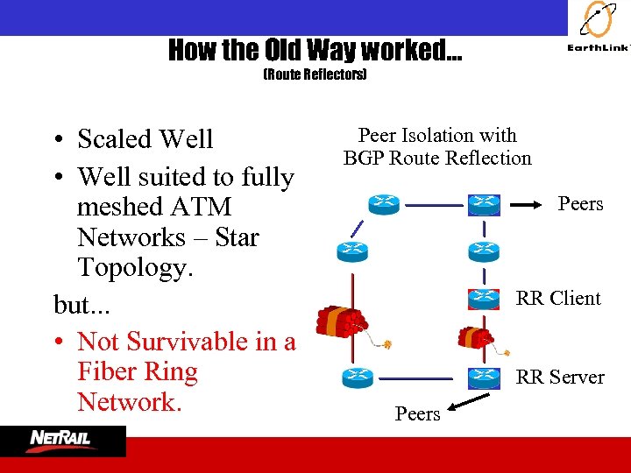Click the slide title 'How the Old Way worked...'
[315, 50]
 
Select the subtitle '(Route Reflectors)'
[315, 75]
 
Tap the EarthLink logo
[599, 31]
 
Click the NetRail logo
[63, 440]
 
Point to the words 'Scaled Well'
[145, 139]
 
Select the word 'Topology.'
[135, 267]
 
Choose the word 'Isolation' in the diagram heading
[439, 136]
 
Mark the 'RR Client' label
[558, 298]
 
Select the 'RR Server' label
[560, 378]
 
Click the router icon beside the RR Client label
[483, 297]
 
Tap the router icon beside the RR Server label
[483, 378]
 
